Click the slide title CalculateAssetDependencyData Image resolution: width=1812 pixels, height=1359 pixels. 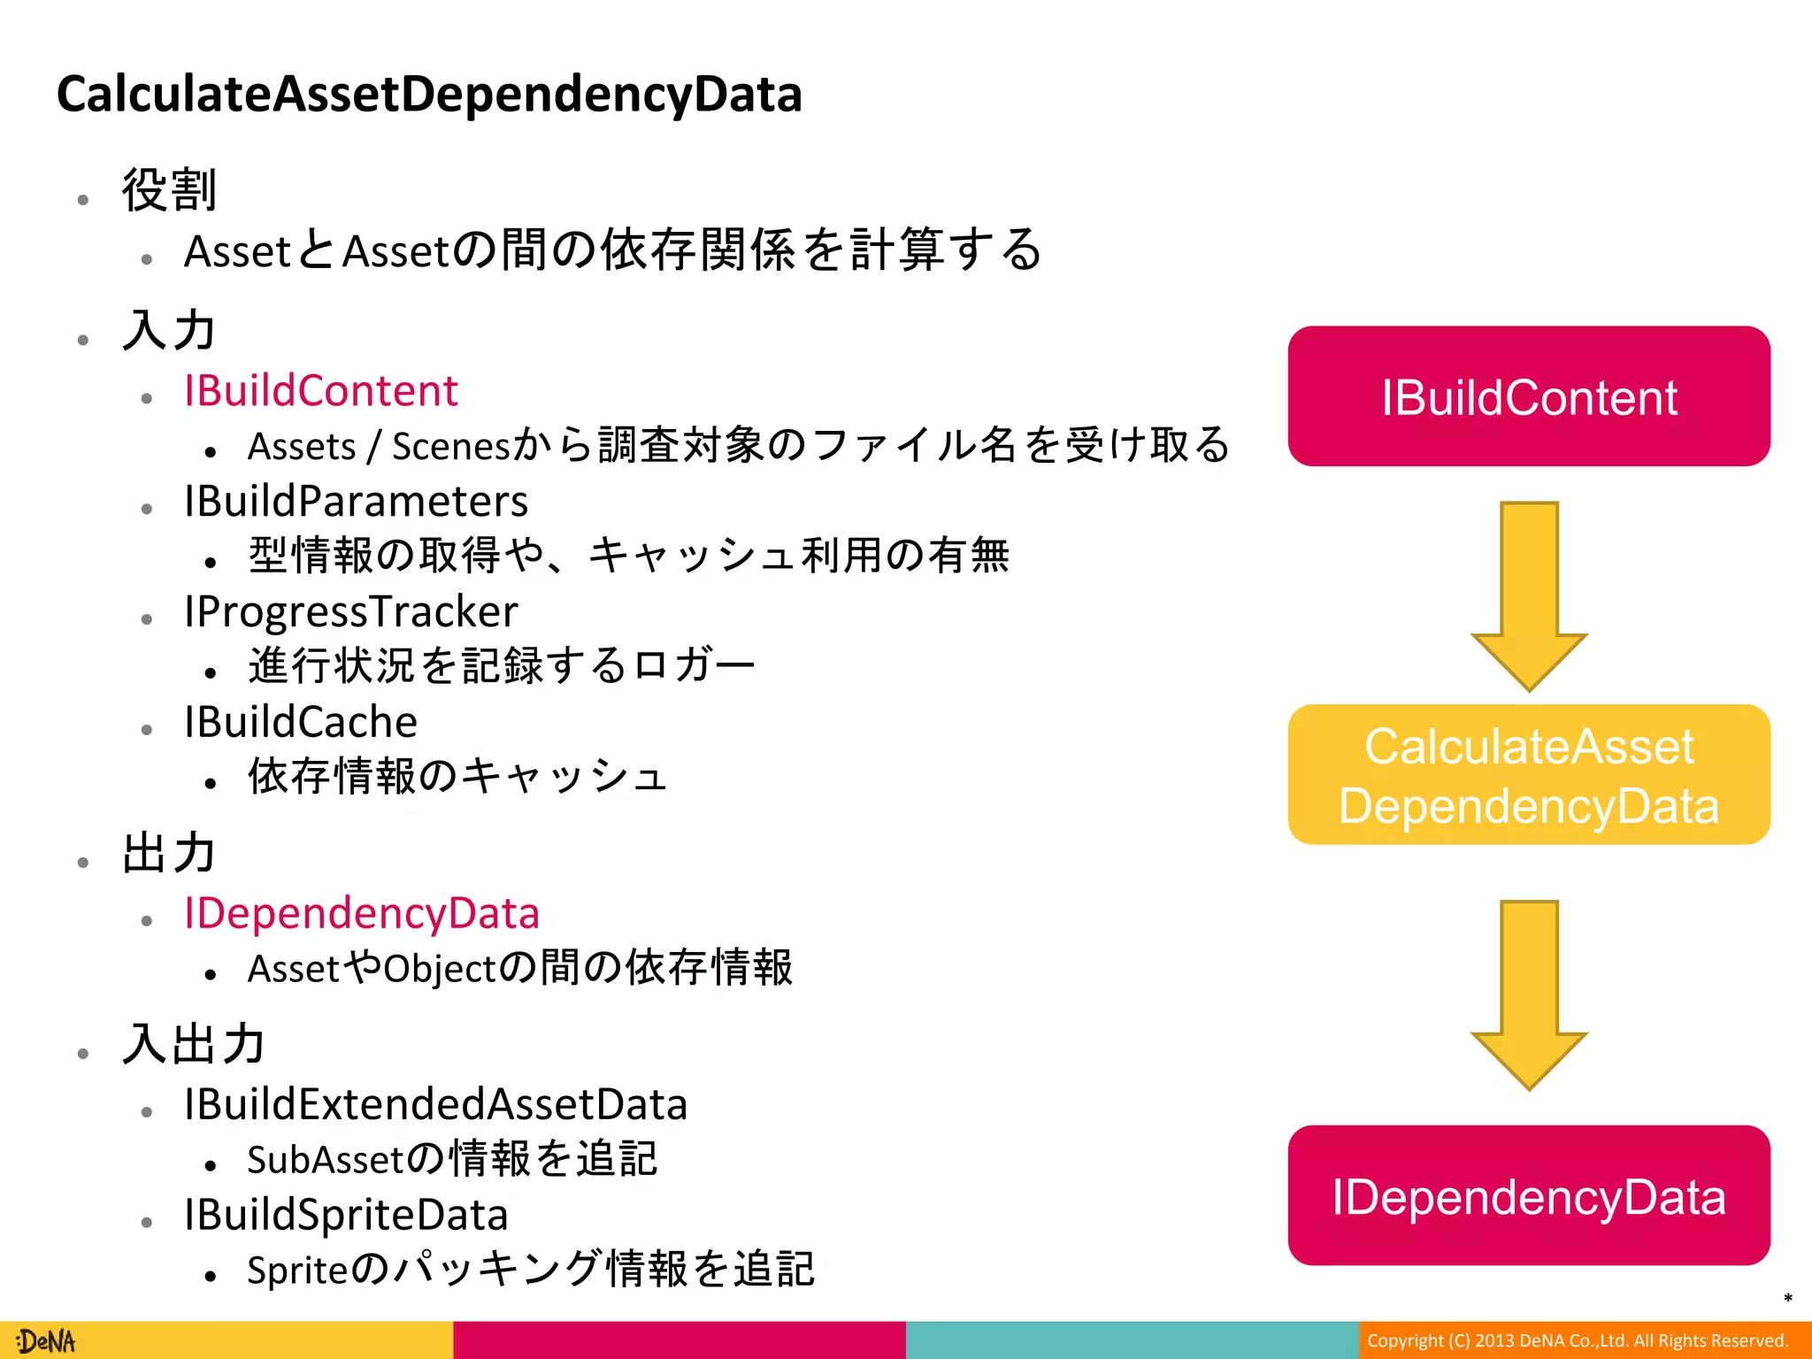tap(429, 94)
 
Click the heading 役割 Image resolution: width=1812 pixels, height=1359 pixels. tap(168, 190)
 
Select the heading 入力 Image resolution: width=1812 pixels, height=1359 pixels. tap(168, 330)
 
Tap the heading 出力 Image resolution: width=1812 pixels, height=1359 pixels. tap(168, 853)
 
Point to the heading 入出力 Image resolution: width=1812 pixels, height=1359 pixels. tap(193, 1044)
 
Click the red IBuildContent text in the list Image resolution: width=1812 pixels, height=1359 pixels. tap(320, 391)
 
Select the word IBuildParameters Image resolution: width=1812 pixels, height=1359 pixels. tap(356, 502)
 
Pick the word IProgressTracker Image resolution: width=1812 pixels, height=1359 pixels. tap(350, 612)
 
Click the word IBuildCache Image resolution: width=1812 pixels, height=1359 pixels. tap(301, 722)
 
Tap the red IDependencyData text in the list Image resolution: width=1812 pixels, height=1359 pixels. tap(361, 913)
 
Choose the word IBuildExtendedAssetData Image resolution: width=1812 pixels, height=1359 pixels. tap(435, 1104)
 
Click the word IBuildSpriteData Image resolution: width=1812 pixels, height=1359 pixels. tap(346, 1215)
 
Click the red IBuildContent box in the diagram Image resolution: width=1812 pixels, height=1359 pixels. tap(1528, 396)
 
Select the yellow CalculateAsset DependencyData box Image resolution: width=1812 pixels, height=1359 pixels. tap(1528, 774)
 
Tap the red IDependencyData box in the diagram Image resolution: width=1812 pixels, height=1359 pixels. tap(1528, 1195)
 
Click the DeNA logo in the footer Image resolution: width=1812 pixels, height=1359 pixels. tap(46, 1341)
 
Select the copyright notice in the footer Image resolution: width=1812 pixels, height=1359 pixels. tap(1577, 1340)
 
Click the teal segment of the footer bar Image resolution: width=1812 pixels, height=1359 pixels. tap(1131, 1340)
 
